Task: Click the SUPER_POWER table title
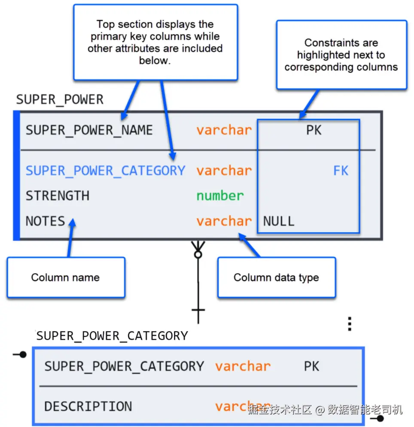[60, 99]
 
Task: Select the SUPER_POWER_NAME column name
[89, 130]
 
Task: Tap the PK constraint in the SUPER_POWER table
[314, 130]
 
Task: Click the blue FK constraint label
[341, 171]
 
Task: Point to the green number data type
[220, 196]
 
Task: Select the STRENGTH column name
[58, 196]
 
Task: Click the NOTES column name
[46, 221]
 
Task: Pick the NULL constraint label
[279, 221]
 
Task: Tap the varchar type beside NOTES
[224, 221]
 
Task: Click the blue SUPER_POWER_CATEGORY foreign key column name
[106, 171]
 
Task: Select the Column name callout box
[66, 277]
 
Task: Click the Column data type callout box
[277, 277]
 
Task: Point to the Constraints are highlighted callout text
[341, 55]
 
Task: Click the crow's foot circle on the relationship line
[198, 255]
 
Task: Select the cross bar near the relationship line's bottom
[198, 310]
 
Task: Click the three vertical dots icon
[350, 324]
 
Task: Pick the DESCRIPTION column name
[88, 406]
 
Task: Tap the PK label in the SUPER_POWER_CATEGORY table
[311, 366]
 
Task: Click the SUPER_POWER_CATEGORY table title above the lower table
[112, 336]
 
